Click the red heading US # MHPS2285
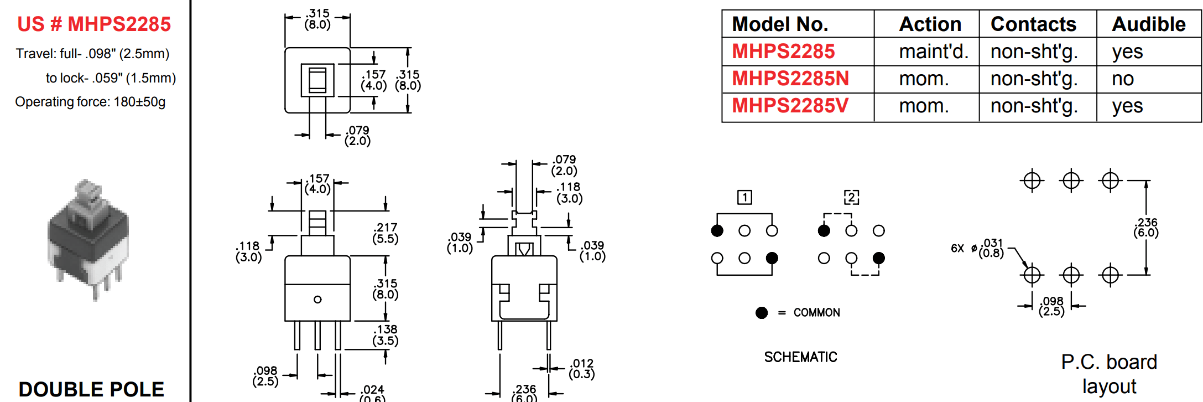94,24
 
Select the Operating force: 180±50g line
90,102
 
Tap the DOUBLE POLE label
91,389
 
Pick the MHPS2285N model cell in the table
790,79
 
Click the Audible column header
1148,24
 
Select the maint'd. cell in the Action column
933,51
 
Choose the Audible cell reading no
1122,79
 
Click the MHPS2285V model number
790,106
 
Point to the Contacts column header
1033,24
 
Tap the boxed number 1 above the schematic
744,197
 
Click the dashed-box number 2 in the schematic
851,197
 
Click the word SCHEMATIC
800,357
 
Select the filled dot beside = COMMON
762,313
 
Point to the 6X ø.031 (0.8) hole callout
977,248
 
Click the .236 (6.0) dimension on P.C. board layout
1145,228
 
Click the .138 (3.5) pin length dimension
386,335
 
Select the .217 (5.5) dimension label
386,233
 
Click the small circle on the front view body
317,300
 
